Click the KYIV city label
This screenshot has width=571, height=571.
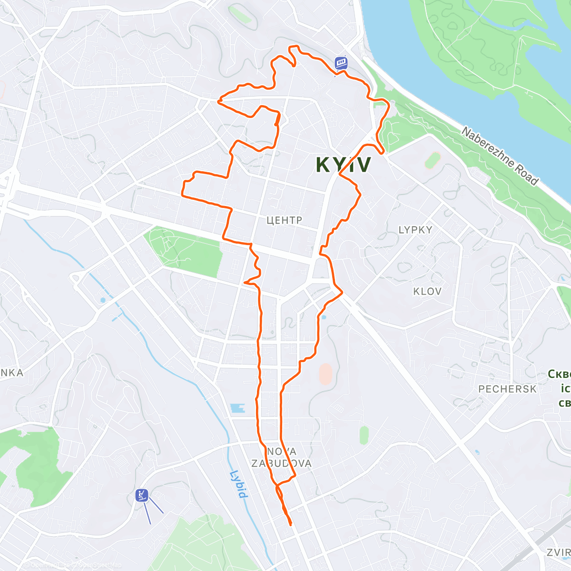(x=343, y=165)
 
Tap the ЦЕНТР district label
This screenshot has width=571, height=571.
(x=284, y=220)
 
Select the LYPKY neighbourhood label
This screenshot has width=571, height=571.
(x=415, y=230)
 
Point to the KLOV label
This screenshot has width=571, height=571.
(x=427, y=291)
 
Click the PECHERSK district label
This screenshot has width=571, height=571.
(x=507, y=389)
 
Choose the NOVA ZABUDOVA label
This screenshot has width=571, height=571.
(x=281, y=457)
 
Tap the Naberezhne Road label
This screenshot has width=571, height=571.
(x=500, y=156)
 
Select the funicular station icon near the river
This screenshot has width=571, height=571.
(x=341, y=63)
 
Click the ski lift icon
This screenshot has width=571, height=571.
(x=142, y=495)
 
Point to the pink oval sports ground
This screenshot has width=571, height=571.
(x=325, y=374)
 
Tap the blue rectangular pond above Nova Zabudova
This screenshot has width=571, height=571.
(x=237, y=408)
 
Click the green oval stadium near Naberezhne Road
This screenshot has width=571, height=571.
(x=432, y=160)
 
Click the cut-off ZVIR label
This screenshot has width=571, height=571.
(x=558, y=552)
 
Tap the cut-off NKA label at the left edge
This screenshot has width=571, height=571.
(x=11, y=373)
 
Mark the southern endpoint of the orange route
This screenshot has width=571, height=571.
(x=290, y=524)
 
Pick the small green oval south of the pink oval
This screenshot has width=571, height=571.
(x=364, y=435)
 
